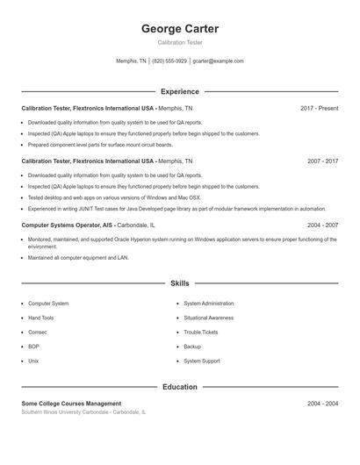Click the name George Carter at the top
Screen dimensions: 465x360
(x=179, y=29)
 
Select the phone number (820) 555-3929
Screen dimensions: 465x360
(x=169, y=61)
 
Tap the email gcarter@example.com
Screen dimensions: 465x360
(x=218, y=61)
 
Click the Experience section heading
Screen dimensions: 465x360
(x=179, y=91)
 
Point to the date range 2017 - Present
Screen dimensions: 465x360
(x=319, y=108)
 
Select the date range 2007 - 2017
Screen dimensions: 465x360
(x=322, y=161)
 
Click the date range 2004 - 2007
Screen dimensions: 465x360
(x=322, y=225)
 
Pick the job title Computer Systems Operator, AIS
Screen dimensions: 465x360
(x=68, y=225)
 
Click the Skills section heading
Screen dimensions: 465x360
(x=179, y=283)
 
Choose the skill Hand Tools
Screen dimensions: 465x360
(x=41, y=318)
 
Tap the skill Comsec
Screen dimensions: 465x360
(x=38, y=332)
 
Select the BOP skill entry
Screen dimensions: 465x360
(x=34, y=347)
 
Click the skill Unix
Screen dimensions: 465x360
(x=33, y=361)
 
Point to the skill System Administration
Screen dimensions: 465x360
(x=209, y=304)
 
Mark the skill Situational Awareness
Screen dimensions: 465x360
(x=208, y=318)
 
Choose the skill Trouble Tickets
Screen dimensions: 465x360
(x=200, y=332)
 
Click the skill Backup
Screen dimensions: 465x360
(x=193, y=347)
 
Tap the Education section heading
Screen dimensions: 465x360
(x=179, y=387)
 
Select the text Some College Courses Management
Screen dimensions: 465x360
(x=71, y=404)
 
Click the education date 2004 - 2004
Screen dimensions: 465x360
(x=322, y=404)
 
